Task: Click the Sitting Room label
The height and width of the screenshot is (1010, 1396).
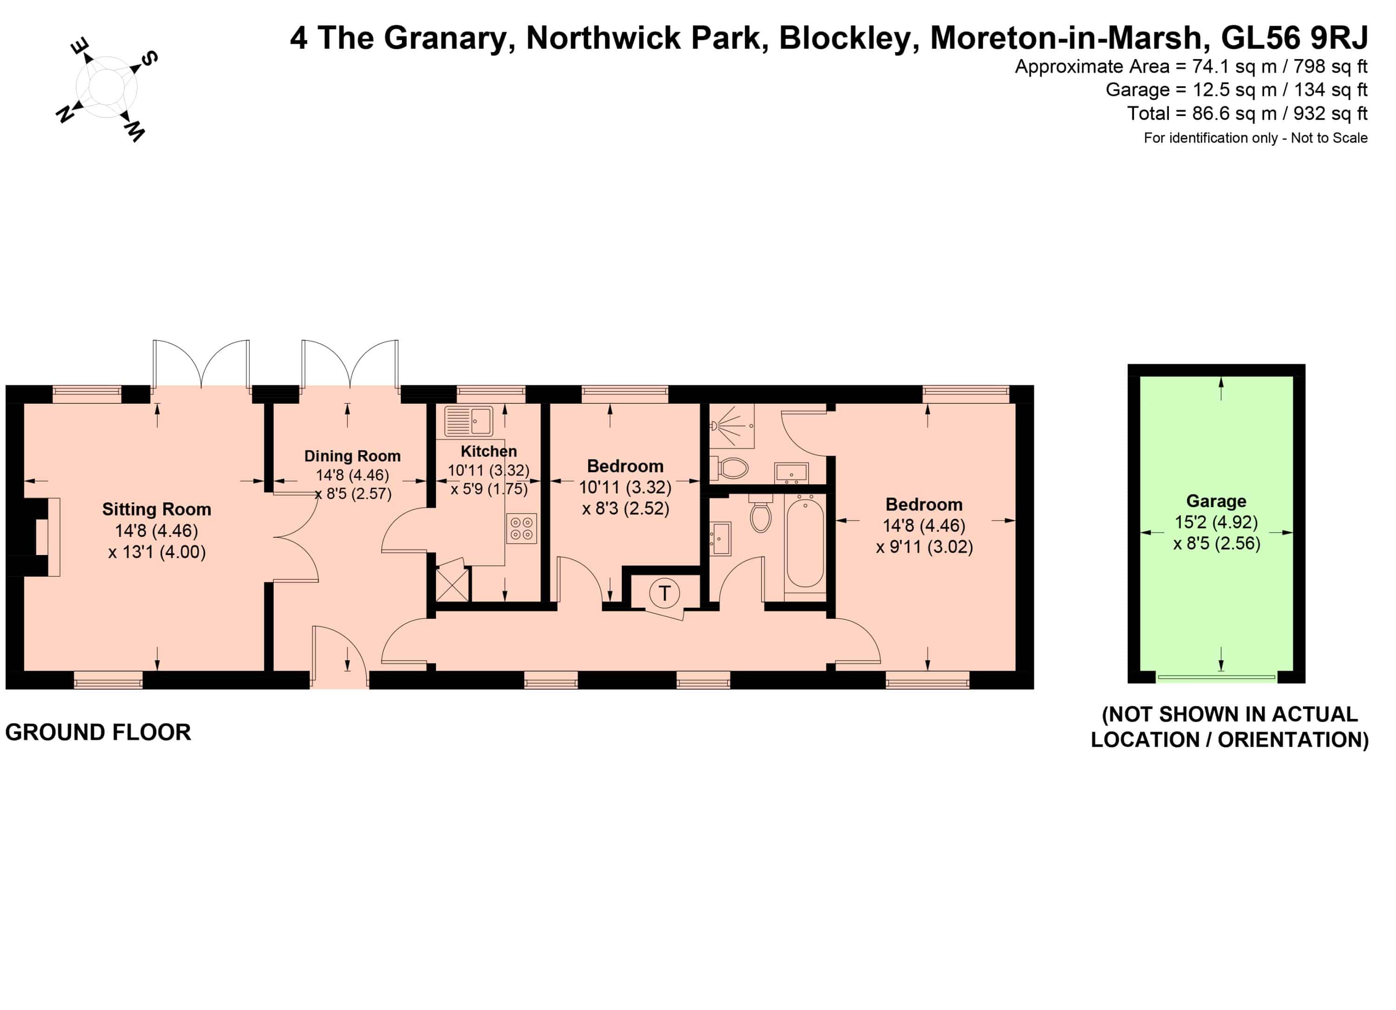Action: click(x=156, y=509)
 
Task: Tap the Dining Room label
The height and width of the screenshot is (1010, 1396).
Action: click(x=352, y=456)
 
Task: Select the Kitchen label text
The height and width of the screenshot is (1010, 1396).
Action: click(x=489, y=451)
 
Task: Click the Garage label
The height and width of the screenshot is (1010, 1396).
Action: click(x=1216, y=502)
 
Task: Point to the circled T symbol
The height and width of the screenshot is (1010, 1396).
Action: click(x=664, y=594)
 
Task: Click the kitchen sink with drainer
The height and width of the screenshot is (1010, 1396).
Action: click(x=469, y=421)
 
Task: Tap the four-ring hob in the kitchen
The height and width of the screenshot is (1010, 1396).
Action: click(x=521, y=529)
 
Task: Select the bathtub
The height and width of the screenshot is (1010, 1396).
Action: click(x=805, y=542)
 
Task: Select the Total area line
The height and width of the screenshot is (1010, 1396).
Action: click(x=1247, y=113)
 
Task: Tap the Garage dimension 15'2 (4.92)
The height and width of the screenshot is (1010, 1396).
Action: click(x=1216, y=522)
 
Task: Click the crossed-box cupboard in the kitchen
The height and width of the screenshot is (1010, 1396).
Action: click(x=452, y=581)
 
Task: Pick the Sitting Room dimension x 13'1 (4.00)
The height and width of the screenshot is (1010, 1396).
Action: click(x=157, y=552)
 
